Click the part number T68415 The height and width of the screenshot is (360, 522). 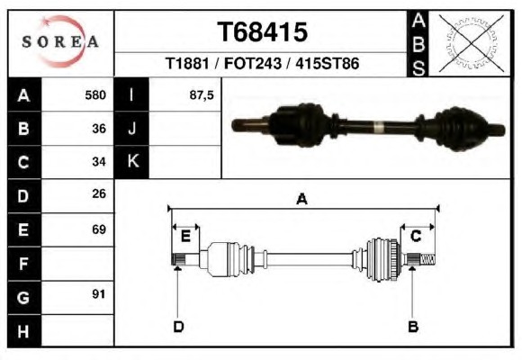pos(262,32)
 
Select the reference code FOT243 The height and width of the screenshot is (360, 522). pos(253,63)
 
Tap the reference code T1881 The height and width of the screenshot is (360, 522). pos(187,63)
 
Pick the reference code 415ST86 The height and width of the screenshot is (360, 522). pos(328,63)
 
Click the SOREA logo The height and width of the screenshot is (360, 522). pos(60,41)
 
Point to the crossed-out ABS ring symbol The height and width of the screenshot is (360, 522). pos(471,43)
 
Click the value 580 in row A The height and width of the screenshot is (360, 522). pos(95,95)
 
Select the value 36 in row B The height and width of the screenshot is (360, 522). pos(99,129)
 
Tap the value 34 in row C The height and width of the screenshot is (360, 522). pos(99,162)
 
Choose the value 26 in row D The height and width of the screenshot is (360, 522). pos(99,193)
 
